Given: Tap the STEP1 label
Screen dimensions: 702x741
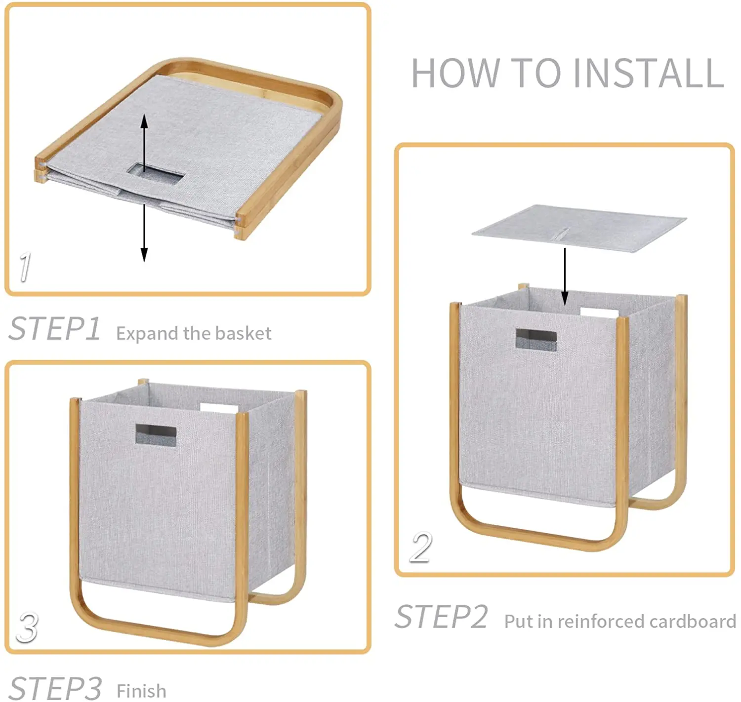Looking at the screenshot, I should click(55, 329).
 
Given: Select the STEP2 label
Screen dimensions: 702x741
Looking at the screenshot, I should click(441, 617).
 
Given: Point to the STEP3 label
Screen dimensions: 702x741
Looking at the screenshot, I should click(55, 688).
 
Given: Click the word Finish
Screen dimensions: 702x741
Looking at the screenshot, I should click(141, 691).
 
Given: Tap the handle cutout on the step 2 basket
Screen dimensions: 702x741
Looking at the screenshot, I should click(536, 340).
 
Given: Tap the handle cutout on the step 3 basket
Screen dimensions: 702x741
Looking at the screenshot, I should click(156, 434).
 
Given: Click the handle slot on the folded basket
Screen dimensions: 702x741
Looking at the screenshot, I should click(156, 175).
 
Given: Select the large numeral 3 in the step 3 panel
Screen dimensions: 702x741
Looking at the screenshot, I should click(27, 627).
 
